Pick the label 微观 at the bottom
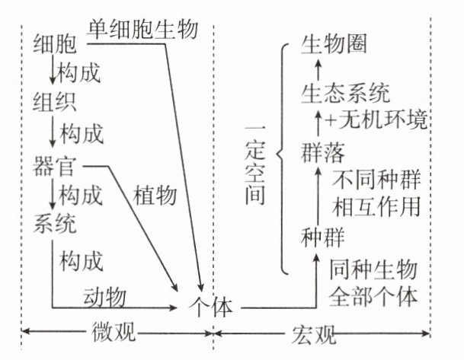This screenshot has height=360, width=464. click(x=115, y=333)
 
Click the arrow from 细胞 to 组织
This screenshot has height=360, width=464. click(x=51, y=74)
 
